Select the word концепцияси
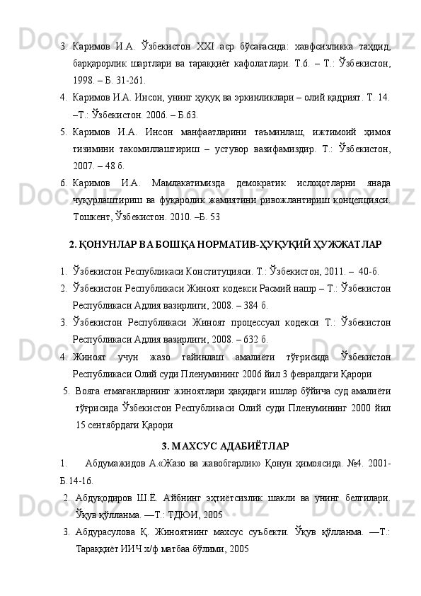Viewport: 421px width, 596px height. click(x=362, y=196)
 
